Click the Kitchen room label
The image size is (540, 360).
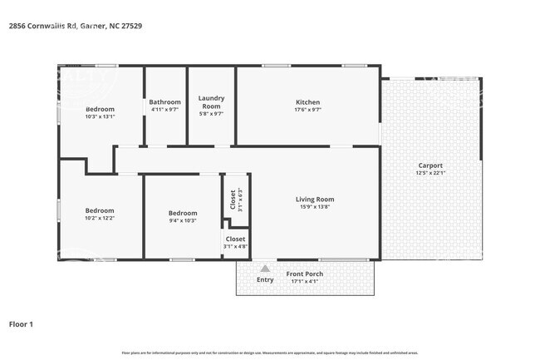[307, 102]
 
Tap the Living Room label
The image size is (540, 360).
[315, 199]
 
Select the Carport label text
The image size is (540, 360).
[430, 165]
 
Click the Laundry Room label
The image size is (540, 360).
[211, 102]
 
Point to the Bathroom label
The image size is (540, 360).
[164, 102]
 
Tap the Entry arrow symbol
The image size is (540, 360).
[265, 269]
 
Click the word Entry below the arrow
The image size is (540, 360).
[265, 280]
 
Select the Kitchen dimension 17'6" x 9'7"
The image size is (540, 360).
[307, 110]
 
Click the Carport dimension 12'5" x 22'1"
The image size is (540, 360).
[430, 173]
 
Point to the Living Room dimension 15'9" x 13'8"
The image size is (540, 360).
[315, 207]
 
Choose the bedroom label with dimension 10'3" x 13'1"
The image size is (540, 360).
[100, 109]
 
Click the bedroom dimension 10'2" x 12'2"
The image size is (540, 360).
[100, 218]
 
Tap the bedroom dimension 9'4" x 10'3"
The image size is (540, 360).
[183, 219]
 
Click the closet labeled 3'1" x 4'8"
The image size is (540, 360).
[235, 242]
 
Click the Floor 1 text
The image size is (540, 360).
[21, 324]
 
